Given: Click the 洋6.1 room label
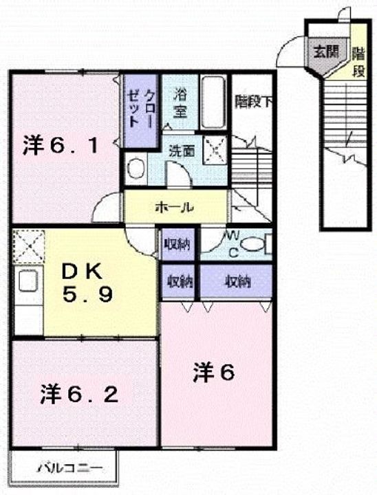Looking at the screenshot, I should coord(63,146).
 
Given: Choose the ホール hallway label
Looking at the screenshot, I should coord(173,206).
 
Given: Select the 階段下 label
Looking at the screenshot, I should coord(252,102).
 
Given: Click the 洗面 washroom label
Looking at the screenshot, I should coord(182,149).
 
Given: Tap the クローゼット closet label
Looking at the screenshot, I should coord(140,109).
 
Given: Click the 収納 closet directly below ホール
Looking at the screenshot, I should coord(177,245).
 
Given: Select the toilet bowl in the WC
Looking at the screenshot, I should coord(253,243).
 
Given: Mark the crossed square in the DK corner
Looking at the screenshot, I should coord(28,244).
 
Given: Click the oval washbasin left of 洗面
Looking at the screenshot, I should coord(136,168).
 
